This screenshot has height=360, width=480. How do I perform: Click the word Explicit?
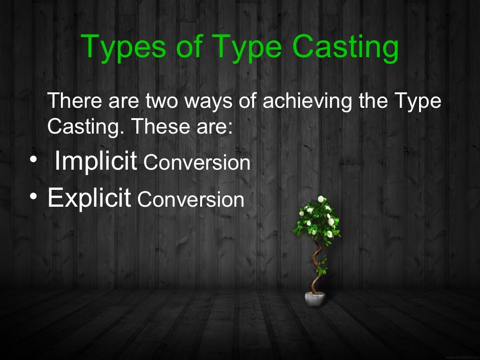pos(89,198)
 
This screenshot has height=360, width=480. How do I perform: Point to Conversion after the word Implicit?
pos(197,163)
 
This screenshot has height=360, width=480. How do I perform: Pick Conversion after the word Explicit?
pos(191,200)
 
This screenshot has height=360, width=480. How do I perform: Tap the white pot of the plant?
pos(315,298)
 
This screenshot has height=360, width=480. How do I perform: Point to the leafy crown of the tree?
pos(318,218)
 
